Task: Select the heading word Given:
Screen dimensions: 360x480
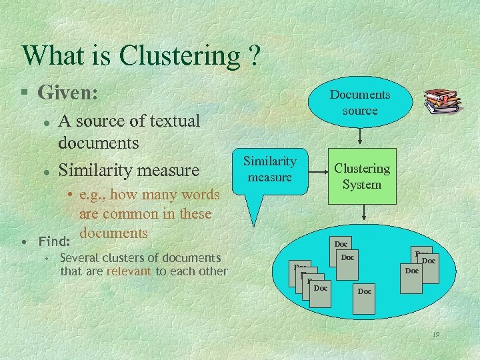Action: [68, 92]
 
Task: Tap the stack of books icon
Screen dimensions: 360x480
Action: [442, 101]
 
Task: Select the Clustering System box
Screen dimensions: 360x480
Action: [362, 176]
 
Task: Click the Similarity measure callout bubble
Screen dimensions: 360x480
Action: [270, 171]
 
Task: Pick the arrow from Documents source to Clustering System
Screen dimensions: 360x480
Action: [361, 137]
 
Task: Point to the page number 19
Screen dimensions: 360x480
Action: [435, 335]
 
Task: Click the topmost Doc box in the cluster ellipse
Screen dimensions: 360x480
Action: [341, 244]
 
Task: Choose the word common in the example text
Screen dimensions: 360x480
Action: [144, 214]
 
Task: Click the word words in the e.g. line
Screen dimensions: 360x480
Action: [200, 195]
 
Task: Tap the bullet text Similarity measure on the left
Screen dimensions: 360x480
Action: [129, 170]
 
